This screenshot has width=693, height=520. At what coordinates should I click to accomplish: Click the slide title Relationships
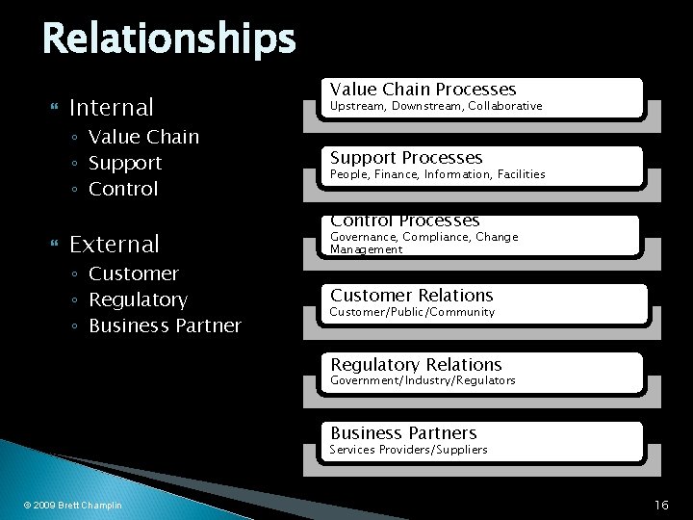tap(168, 39)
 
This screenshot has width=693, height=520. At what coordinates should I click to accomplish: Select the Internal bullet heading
tap(112, 105)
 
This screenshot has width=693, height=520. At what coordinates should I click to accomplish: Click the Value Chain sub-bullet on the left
tap(143, 137)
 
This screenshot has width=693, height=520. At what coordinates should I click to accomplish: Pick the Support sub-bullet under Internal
tap(125, 163)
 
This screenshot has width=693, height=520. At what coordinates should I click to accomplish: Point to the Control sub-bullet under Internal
tap(123, 189)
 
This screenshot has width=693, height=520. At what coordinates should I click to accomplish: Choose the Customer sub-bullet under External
tap(134, 273)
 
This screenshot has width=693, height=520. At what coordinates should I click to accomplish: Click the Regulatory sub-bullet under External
tap(138, 299)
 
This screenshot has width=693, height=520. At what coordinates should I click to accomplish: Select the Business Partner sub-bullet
tap(165, 325)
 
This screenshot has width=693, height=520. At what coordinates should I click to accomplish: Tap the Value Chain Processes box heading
tap(423, 89)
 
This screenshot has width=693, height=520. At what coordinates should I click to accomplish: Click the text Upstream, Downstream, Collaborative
tap(436, 106)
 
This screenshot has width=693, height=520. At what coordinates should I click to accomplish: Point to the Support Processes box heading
tap(406, 157)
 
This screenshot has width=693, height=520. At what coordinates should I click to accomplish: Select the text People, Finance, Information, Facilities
tap(438, 174)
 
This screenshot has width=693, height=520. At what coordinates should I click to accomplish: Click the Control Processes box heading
tap(405, 221)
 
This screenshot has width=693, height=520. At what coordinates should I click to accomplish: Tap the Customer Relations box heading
tap(411, 296)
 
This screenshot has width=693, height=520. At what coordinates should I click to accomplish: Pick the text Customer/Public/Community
tap(412, 312)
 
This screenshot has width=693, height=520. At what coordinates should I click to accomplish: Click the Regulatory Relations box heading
tap(416, 364)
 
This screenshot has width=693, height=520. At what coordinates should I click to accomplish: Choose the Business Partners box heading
tap(403, 433)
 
